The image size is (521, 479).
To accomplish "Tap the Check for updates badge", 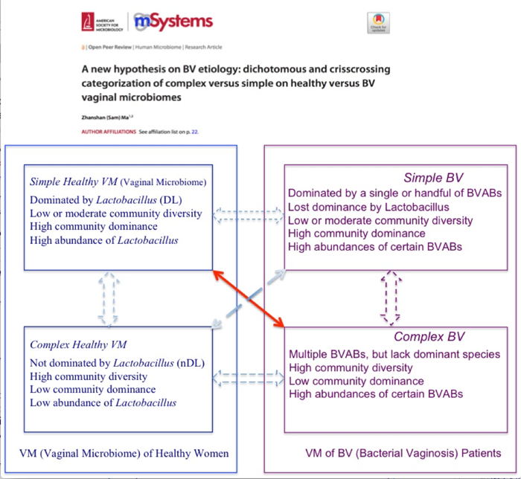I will [379, 22].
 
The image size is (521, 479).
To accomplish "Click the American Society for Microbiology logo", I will [100, 22].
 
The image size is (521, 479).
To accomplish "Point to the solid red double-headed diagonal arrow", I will [250, 299].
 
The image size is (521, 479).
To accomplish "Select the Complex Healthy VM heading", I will [78, 345].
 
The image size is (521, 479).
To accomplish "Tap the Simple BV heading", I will [433, 178].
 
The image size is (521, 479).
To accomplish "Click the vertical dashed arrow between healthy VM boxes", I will [109, 298].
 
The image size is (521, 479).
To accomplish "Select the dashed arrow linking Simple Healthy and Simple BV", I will [249, 215].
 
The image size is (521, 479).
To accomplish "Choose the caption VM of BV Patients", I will [403, 453].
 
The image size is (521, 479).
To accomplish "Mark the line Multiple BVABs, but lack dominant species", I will [394, 354].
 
